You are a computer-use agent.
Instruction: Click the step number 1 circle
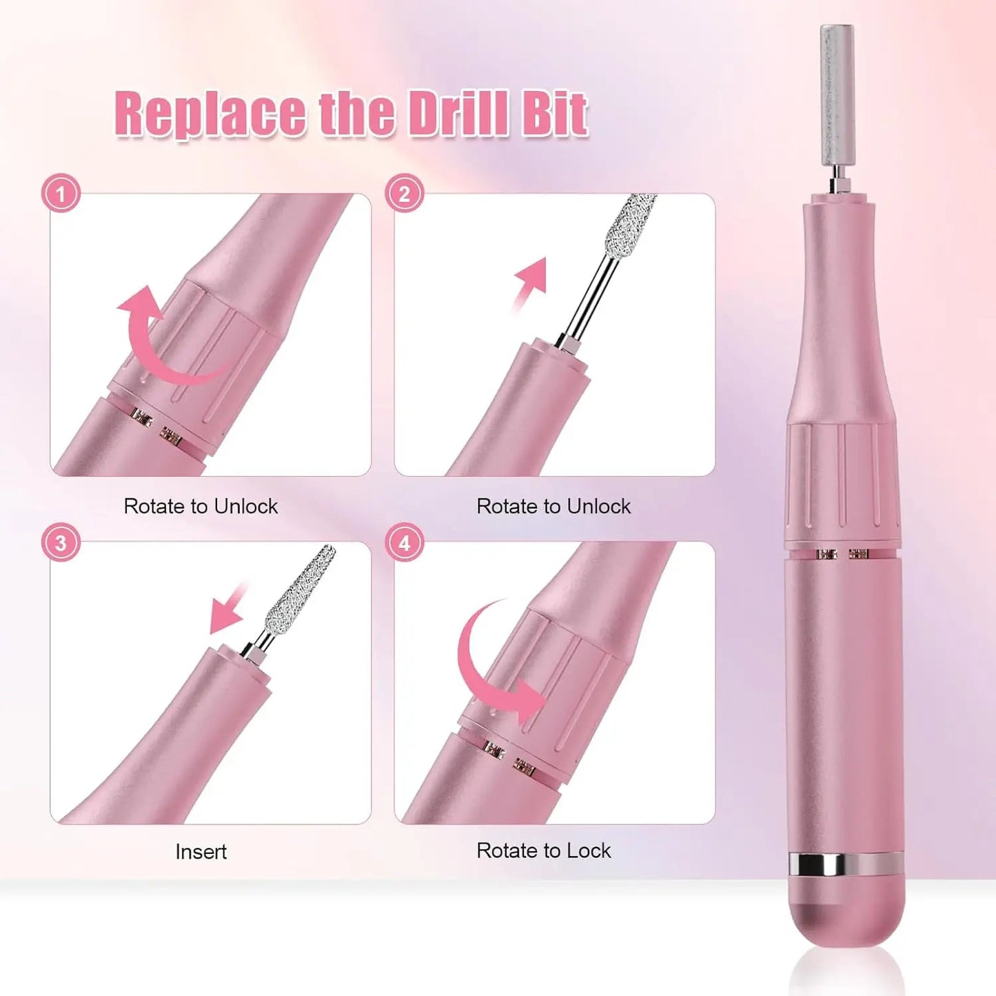click(61, 194)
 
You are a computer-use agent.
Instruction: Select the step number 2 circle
click(405, 194)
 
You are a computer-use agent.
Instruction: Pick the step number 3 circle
click(61, 542)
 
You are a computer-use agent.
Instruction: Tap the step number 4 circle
click(405, 542)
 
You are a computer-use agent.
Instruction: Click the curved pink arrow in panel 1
click(165, 338)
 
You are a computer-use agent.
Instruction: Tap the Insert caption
click(201, 852)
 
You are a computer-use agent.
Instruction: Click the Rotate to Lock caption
click(543, 851)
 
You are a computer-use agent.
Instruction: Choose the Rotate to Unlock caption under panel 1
click(201, 507)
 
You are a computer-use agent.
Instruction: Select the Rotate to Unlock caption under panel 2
click(553, 507)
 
